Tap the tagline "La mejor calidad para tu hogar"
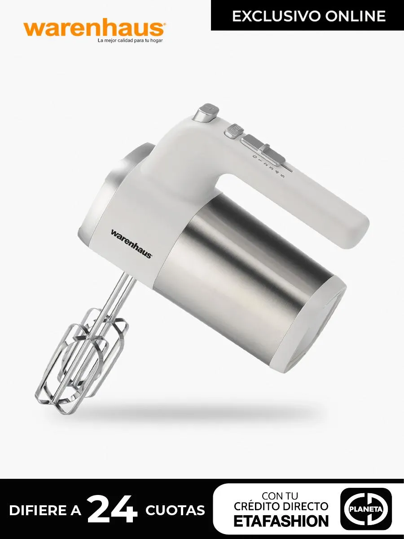(130, 41)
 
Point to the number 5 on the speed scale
(282, 176)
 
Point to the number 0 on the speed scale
(255, 157)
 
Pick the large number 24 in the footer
(113, 510)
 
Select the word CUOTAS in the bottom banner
(175, 511)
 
